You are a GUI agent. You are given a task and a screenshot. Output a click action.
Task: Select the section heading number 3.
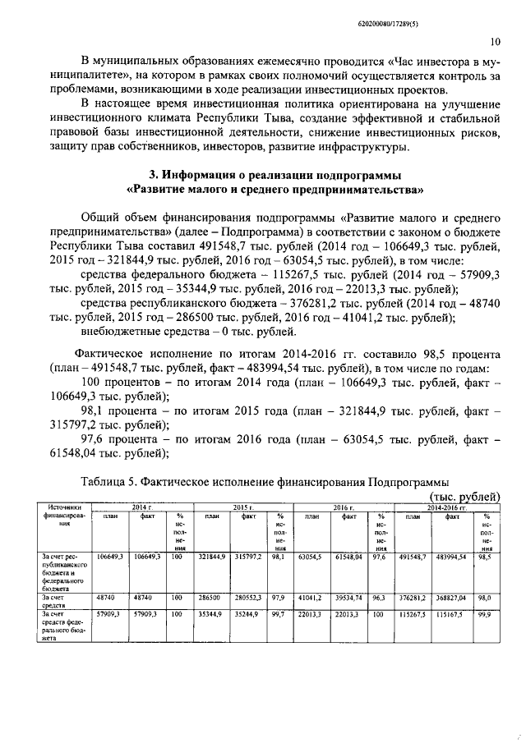coord(153,175)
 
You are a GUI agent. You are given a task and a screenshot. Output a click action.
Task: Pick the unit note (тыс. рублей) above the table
coord(465,496)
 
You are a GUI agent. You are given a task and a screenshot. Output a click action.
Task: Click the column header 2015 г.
coord(241,508)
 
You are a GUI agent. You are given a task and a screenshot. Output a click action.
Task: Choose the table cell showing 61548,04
coord(349,557)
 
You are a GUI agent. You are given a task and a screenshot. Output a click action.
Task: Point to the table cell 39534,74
coord(349,599)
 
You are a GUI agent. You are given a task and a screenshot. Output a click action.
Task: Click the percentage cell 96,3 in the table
coord(380,599)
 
